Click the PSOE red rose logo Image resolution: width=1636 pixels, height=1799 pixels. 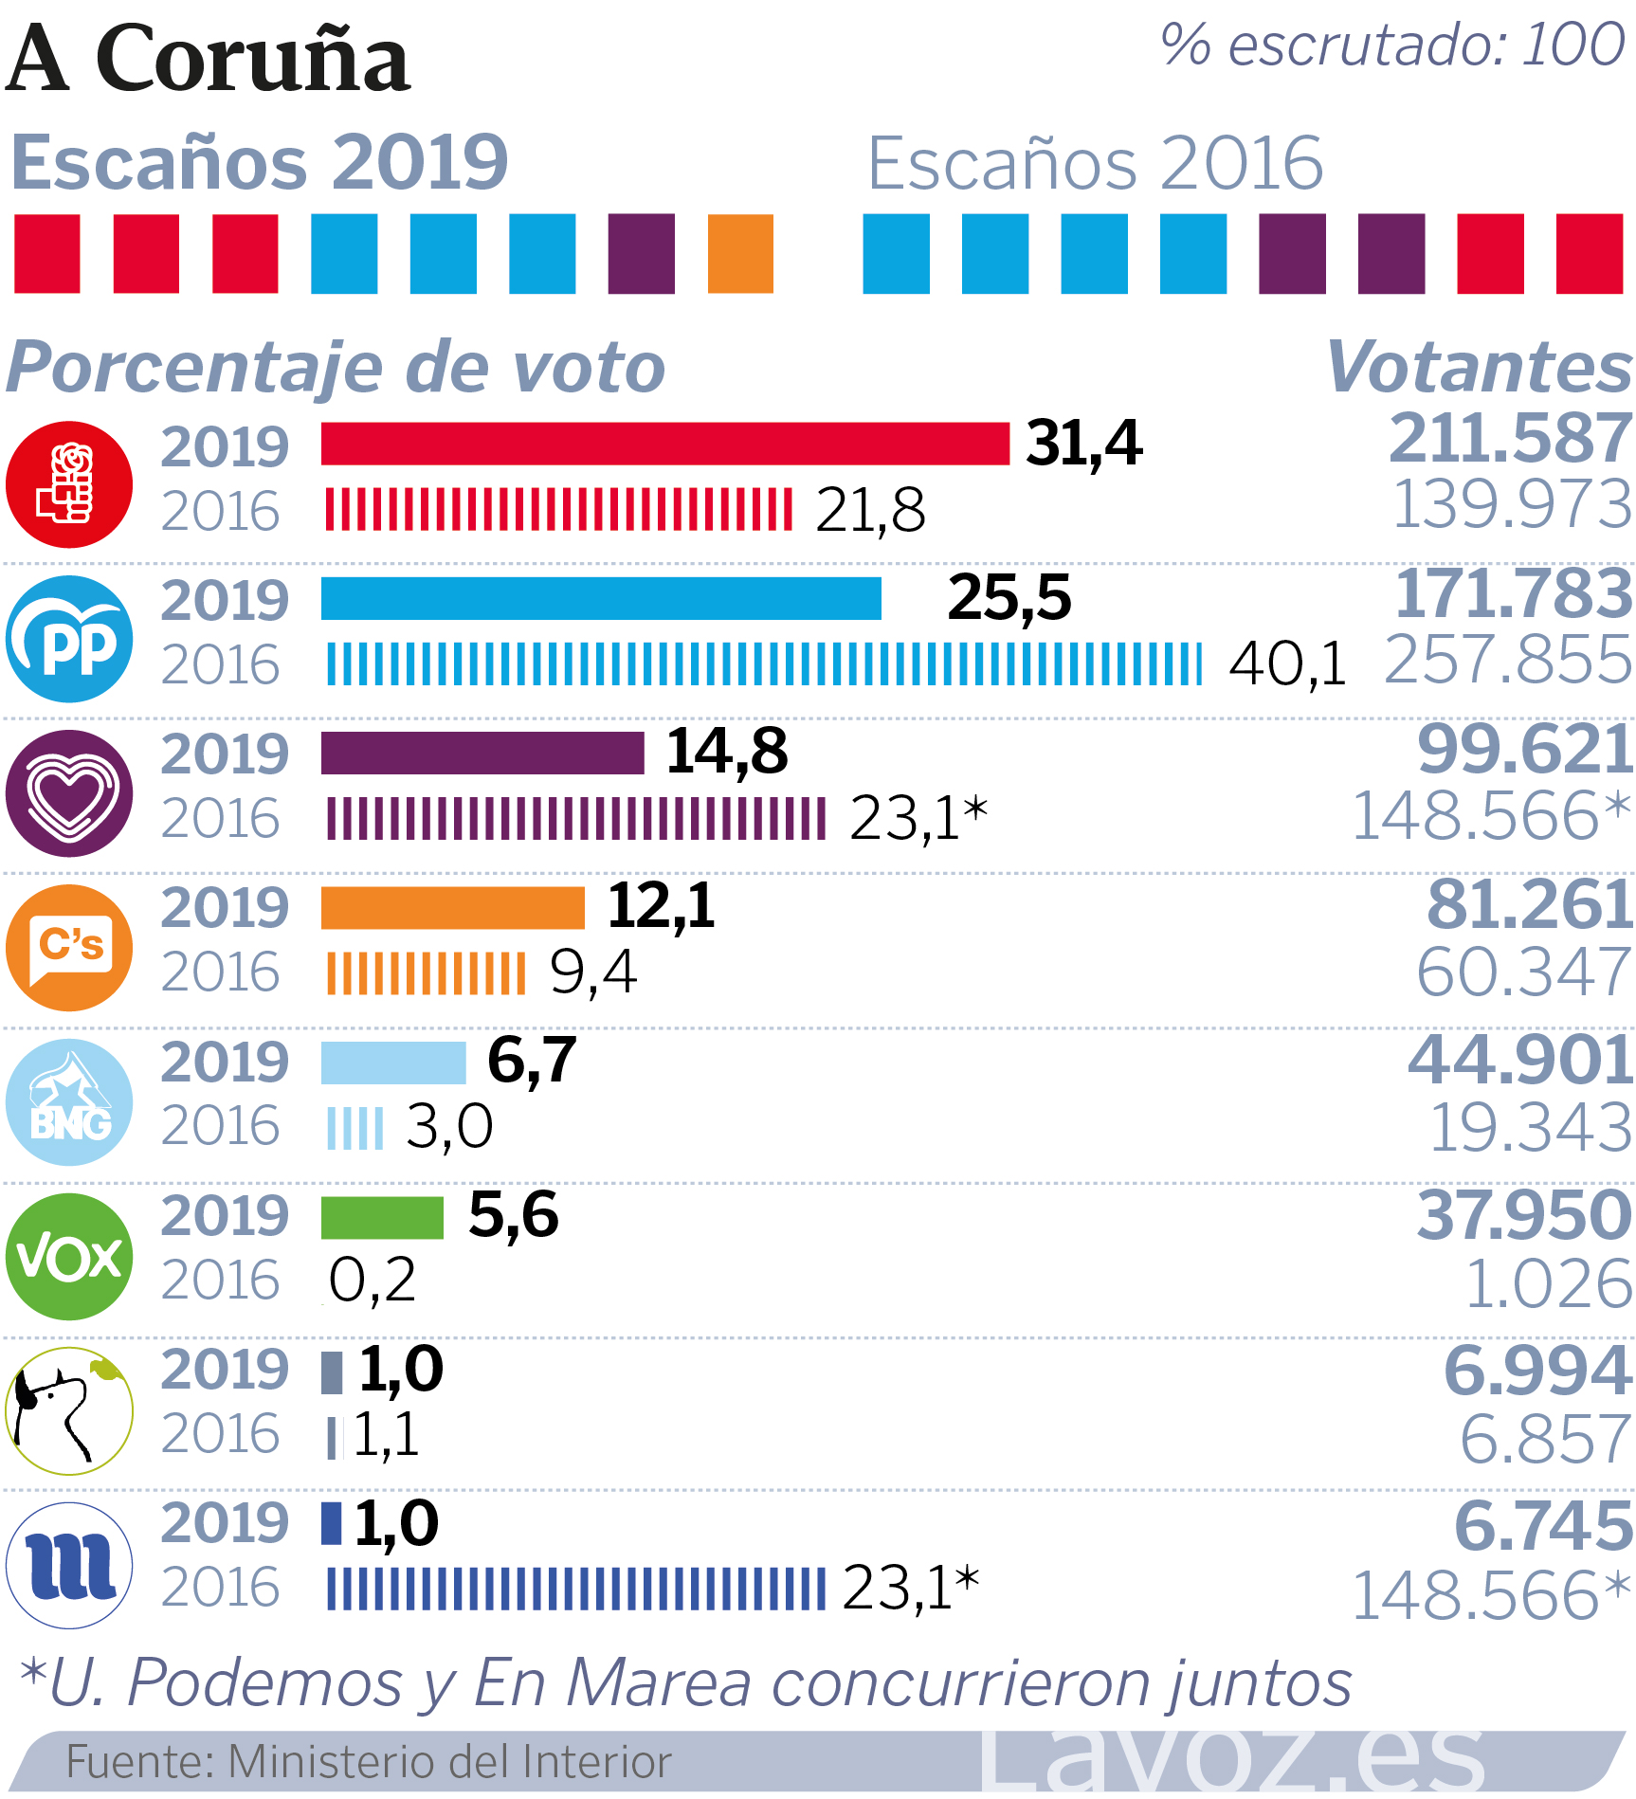click(x=69, y=484)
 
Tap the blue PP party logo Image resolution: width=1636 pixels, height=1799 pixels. click(x=69, y=639)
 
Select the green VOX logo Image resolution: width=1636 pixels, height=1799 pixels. click(x=69, y=1257)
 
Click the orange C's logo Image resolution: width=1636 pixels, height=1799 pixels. click(x=69, y=947)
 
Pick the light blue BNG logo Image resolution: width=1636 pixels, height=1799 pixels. click(x=69, y=1101)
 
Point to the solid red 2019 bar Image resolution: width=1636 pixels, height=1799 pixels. click(x=664, y=444)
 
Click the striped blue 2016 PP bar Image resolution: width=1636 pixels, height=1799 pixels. click(x=764, y=663)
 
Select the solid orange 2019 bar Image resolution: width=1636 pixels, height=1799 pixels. click(x=453, y=908)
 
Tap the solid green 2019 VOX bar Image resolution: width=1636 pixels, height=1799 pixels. click(x=382, y=1218)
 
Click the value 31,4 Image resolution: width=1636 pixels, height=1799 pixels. click(x=1084, y=444)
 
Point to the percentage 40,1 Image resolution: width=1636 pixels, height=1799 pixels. click(x=1287, y=663)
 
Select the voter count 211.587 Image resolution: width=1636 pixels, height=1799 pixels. click(x=1510, y=438)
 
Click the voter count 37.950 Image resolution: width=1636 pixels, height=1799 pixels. click(x=1524, y=1215)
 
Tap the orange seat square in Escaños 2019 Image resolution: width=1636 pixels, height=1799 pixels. click(x=740, y=254)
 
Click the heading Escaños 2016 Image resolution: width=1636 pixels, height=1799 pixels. click(x=1095, y=163)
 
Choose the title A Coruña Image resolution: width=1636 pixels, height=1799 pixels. click(x=209, y=59)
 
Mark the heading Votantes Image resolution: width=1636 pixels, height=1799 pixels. click(x=1480, y=367)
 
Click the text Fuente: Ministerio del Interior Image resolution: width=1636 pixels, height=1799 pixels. click(x=369, y=1762)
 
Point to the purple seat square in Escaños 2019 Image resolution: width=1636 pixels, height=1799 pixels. click(x=642, y=254)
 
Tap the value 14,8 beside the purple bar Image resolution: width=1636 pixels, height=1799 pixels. click(x=727, y=752)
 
